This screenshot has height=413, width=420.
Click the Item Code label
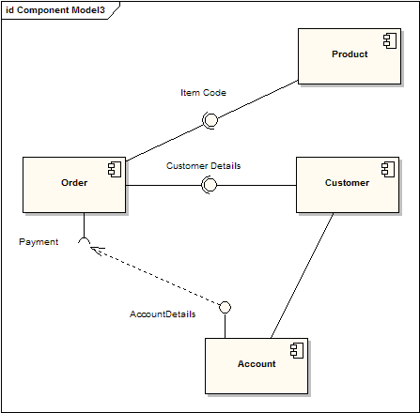203,93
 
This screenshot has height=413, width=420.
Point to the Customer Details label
203,165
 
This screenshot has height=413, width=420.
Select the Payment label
39,242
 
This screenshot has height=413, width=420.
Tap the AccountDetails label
162,314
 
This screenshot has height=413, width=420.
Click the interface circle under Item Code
210,119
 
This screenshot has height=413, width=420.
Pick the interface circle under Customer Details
210,185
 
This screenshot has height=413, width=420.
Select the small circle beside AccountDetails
225,307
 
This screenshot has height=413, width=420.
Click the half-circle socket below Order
85,243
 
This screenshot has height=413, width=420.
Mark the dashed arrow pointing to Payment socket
155,275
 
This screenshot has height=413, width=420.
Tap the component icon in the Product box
388,40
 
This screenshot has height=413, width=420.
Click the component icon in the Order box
115,169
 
